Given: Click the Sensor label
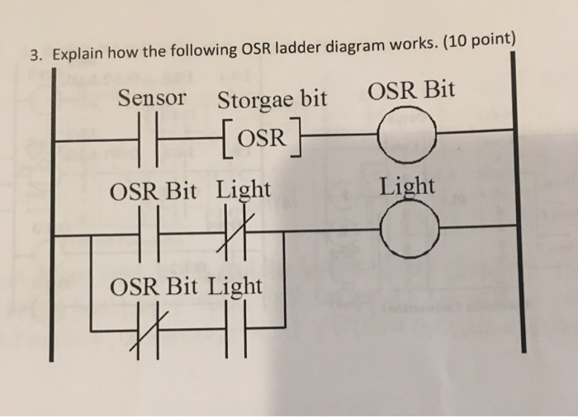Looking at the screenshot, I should pyautogui.click(x=152, y=98).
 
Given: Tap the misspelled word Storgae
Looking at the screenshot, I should pyautogui.click(x=255, y=100).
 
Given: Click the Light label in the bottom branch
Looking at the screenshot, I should pyautogui.click(x=235, y=287).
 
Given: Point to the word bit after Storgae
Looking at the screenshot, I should pyautogui.click(x=312, y=99).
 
